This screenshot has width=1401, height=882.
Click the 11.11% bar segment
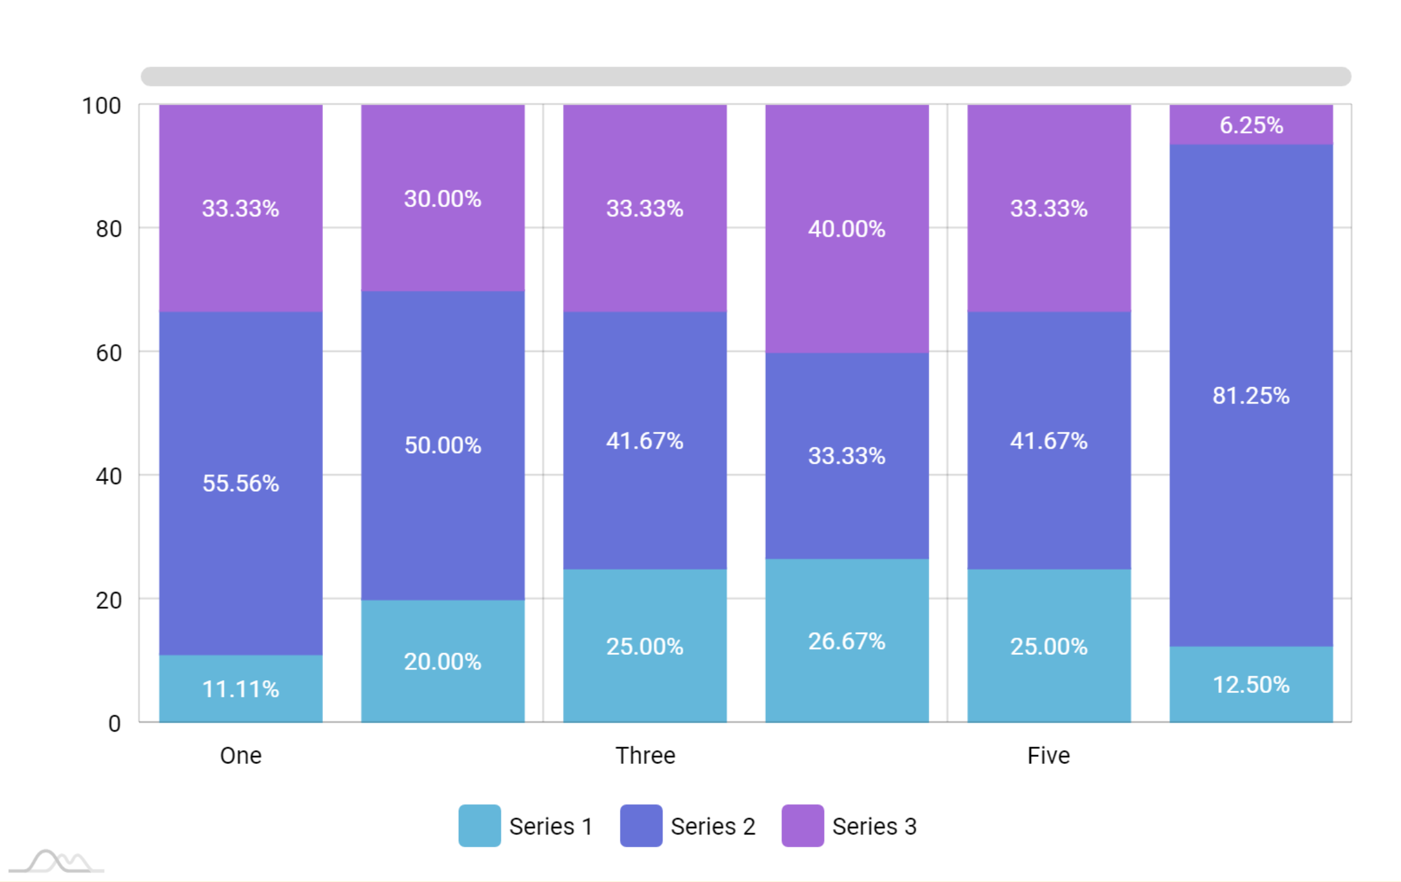(240, 688)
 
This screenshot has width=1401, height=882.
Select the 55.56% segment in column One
(240, 483)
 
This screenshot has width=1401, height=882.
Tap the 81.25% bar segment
(1251, 395)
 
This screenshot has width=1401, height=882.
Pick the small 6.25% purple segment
(1251, 124)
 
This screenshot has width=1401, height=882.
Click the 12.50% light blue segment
(1251, 684)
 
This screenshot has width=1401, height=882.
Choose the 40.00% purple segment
(846, 228)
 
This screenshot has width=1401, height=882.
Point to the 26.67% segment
(846, 641)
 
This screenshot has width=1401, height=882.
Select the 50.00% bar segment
(443, 445)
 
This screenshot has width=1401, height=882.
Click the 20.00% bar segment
(443, 661)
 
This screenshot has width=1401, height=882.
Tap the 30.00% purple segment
(443, 198)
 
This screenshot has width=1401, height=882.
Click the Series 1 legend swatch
(479, 826)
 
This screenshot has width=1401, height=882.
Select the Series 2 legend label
(713, 826)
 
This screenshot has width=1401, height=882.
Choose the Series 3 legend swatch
(802, 826)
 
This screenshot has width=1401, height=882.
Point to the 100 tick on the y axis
(102, 105)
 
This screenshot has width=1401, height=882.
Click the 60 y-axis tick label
(109, 353)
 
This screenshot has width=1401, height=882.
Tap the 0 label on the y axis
(114, 723)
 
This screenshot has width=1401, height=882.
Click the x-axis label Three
(645, 755)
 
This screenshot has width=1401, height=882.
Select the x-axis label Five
(1048, 755)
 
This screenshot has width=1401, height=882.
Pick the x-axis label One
(240, 755)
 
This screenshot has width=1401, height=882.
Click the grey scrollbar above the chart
(746, 76)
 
